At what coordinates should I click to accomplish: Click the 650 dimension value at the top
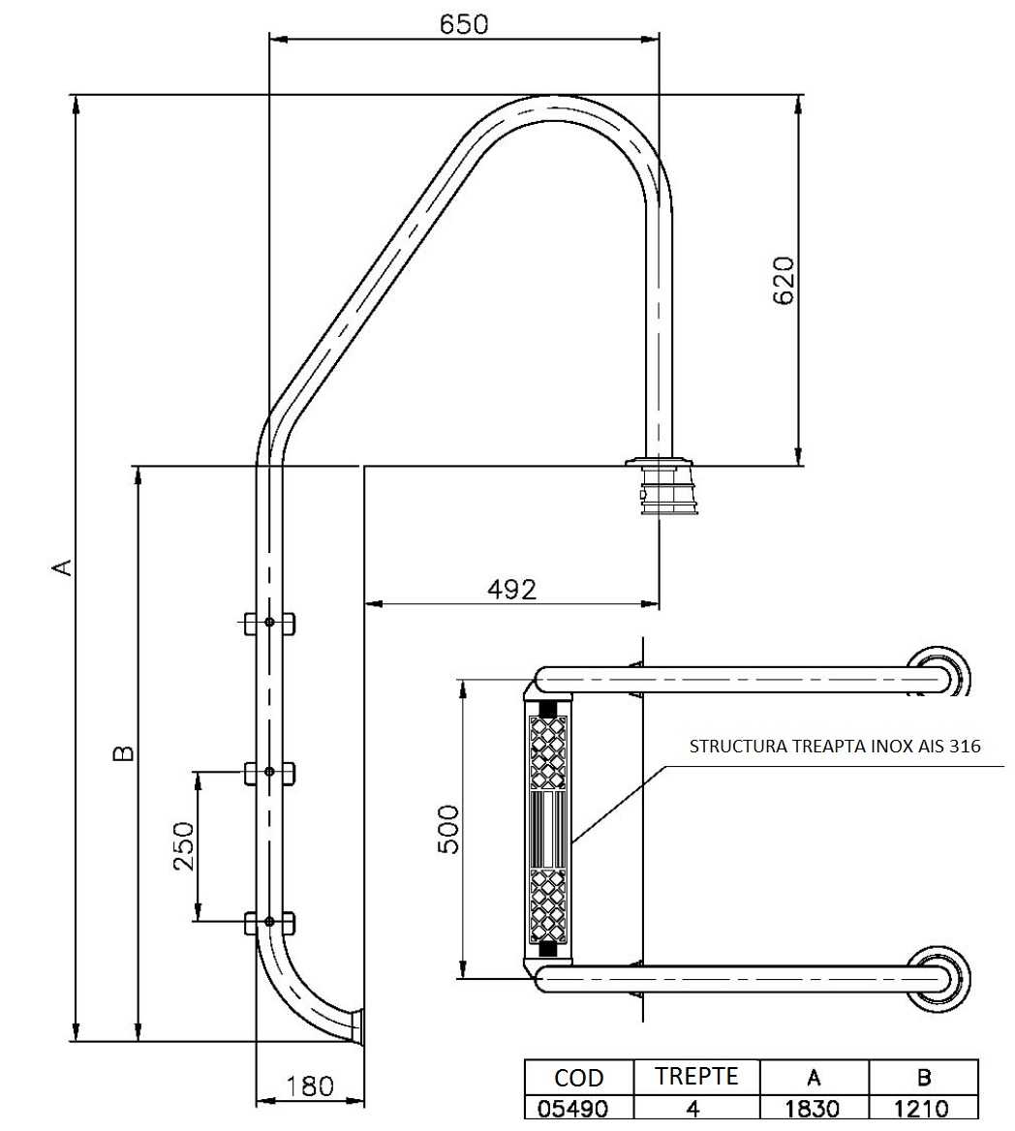[x=464, y=23]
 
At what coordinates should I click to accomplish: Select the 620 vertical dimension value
[x=783, y=281]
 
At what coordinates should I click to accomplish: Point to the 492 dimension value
[x=511, y=588]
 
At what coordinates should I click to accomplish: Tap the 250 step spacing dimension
[x=184, y=845]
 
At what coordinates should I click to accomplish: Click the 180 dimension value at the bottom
[x=310, y=1085]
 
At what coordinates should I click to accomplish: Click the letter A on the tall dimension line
[x=61, y=566]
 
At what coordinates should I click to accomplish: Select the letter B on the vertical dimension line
[x=122, y=753]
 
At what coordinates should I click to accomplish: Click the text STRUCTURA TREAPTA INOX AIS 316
[x=835, y=747]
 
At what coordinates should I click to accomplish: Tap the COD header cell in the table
[x=578, y=1078]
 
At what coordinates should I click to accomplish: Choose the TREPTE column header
[x=696, y=1076]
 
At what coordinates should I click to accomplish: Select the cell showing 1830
[x=814, y=1108]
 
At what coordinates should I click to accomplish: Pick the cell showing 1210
[x=923, y=1108]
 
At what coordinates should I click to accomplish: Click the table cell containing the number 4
[x=692, y=1108]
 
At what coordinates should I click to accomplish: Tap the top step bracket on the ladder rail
[x=268, y=622]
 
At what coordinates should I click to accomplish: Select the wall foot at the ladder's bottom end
[x=355, y=1026]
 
